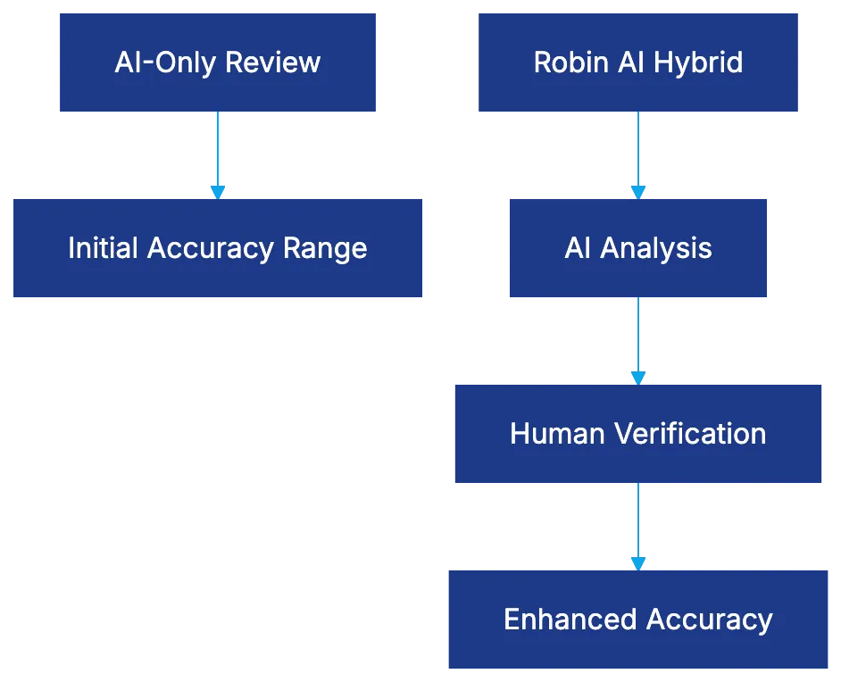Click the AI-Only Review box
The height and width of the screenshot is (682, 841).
tap(217, 62)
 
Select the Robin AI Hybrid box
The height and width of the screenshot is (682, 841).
tap(638, 62)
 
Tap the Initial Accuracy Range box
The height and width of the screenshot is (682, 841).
tap(217, 247)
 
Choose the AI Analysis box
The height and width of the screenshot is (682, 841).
tap(638, 247)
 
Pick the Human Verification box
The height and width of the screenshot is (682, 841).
tap(638, 434)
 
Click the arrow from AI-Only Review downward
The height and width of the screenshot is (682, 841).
tap(218, 152)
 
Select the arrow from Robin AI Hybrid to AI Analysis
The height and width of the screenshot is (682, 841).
tap(638, 152)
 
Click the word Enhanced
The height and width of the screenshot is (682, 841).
tap(570, 620)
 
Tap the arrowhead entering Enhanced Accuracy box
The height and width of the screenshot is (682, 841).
tap(638, 562)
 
